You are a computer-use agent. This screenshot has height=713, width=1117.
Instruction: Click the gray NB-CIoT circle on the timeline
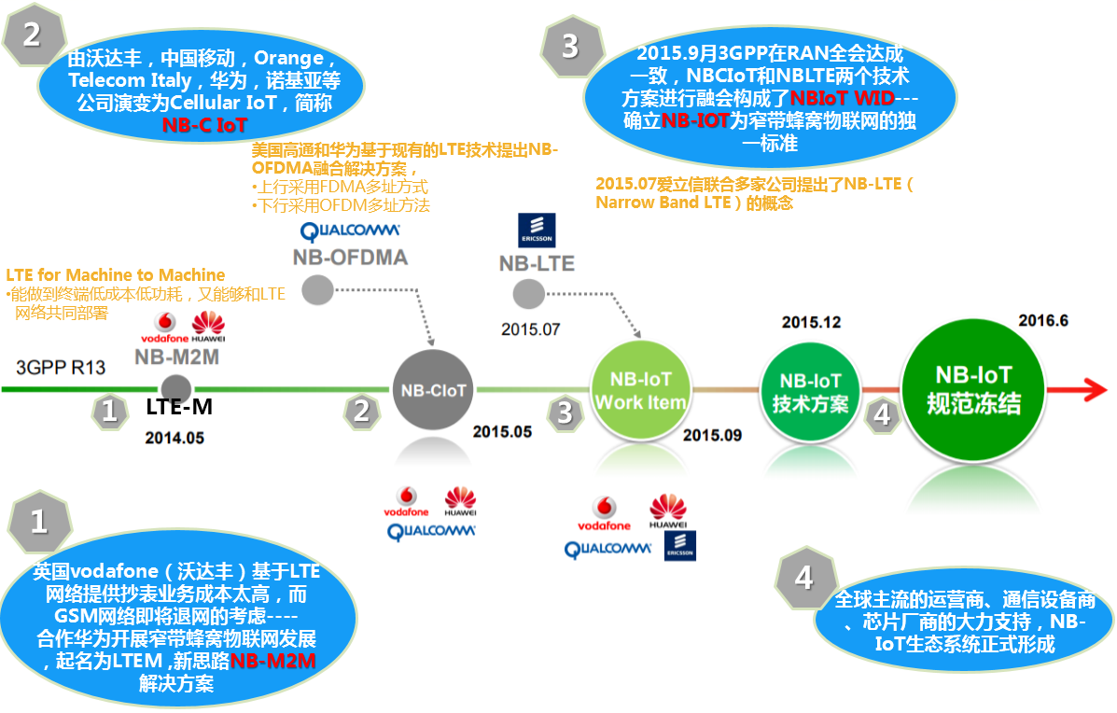point(433,391)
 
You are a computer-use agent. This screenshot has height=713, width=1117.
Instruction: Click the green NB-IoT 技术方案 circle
point(809,391)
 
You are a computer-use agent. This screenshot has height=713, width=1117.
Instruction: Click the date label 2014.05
point(174,437)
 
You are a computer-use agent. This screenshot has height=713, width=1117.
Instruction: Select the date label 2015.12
point(810,322)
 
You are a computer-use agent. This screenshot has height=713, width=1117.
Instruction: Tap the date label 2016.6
point(1042,320)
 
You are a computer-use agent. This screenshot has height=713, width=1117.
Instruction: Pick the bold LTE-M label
point(181,408)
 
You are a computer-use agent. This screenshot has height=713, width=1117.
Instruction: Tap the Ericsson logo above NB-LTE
point(537,230)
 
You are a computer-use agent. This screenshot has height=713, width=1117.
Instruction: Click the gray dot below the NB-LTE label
point(529,295)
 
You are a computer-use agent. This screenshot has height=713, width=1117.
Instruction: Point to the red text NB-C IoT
point(204,124)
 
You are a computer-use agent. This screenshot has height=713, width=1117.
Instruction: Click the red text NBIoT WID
point(842,97)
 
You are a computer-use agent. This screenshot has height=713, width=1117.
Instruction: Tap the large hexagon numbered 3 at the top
point(569,46)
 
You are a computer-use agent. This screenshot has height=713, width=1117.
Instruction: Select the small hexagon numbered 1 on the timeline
point(110,412)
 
